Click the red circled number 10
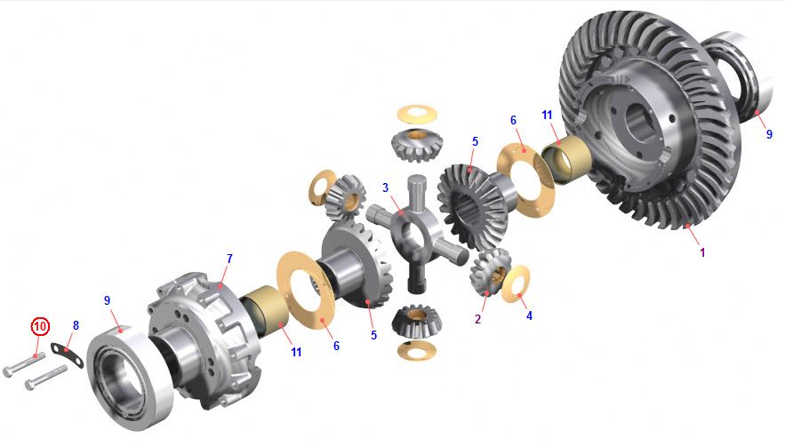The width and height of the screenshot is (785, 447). [41, 327]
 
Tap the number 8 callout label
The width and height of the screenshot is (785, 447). [76, 326]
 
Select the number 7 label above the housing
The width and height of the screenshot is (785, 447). [229, 259]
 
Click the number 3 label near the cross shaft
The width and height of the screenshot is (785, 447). [385, 188]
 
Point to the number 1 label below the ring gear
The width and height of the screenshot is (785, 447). [702, 252]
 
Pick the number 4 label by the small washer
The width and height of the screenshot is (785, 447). [529, 315]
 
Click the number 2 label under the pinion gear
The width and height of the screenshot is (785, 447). [478, 319]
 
